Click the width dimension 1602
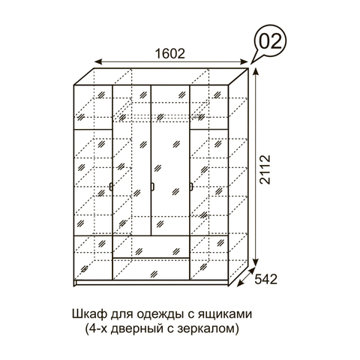[170, 53]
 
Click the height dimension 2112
[265, 169]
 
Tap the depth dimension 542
[266, 279]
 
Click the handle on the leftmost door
[110, 187]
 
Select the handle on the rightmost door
[191, 187]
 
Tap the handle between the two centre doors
[152, 187]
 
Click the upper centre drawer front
[151, 247]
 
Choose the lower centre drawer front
[151, 269]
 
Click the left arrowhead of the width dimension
[98, 61]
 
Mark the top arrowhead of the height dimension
[255, 72]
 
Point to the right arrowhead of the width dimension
[244, 61]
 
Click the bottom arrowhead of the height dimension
[255, 262]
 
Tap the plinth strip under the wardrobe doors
[151, 283]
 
